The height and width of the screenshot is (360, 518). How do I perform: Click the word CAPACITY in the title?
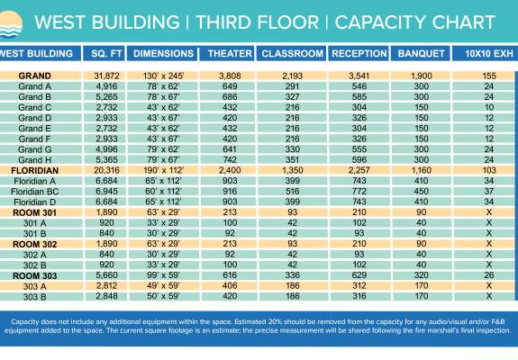368,19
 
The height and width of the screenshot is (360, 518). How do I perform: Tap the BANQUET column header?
422,55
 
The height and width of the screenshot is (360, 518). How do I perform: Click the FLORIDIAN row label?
35,170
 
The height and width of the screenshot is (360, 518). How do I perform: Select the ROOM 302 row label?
35,244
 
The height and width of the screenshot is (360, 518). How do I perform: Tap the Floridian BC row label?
35,192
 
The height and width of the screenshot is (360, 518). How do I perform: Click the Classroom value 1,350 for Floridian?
293,170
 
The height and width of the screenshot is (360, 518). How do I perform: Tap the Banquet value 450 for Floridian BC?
422,192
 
